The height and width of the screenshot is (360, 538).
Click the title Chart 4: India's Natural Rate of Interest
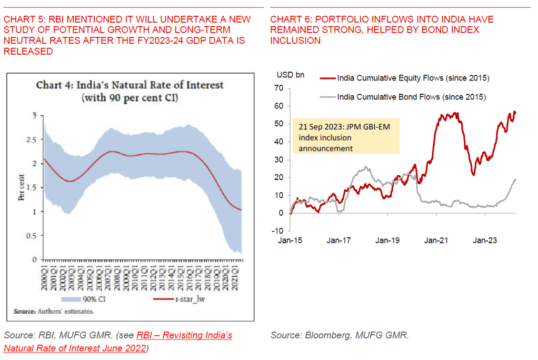coord(129,85)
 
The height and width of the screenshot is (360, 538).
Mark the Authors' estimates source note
coord(54,311)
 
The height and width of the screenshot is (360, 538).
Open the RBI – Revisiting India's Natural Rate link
coord(117,341)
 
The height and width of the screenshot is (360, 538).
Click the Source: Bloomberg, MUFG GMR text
coord(340,335)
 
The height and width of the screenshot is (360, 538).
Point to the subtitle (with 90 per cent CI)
coord(129,98)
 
